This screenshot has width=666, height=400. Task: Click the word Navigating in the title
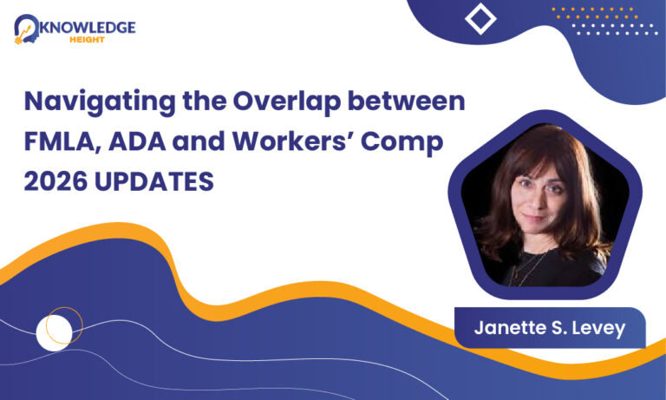click(x=100, y=102)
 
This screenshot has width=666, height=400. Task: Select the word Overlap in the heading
click(x=287, y=102)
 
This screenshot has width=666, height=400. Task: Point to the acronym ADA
click(x=137, y=141)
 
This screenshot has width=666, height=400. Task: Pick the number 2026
click(x=55, y=181)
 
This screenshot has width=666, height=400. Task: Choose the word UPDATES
click(x=154, y=181)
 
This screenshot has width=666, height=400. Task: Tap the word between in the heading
click(x=407, y=102)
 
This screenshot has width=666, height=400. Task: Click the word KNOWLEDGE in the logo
click(x=88, y=28)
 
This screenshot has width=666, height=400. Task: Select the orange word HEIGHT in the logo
click(x=87, y=40)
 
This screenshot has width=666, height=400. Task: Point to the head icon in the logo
click(x=26, y=29)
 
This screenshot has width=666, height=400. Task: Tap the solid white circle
click(x=54, y=333)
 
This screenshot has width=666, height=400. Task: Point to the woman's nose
click(x=538, y=200)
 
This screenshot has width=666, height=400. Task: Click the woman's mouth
click(x=533, y=218)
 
